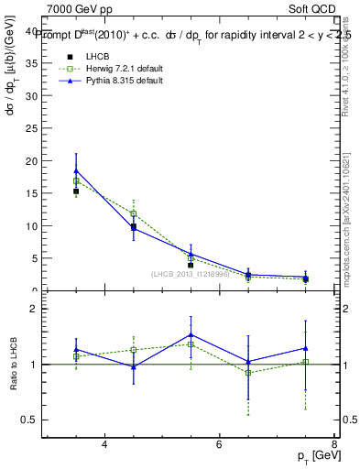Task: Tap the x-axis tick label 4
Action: pos(104,444)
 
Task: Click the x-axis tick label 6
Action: pos(219,444)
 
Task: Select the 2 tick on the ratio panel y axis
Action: pos(34,309)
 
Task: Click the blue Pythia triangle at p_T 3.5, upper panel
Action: pos(76,170)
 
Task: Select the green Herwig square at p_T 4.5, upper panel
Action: pos(134,213)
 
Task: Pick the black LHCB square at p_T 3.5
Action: pos(76,191)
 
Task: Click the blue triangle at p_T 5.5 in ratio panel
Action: pos(191,334)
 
